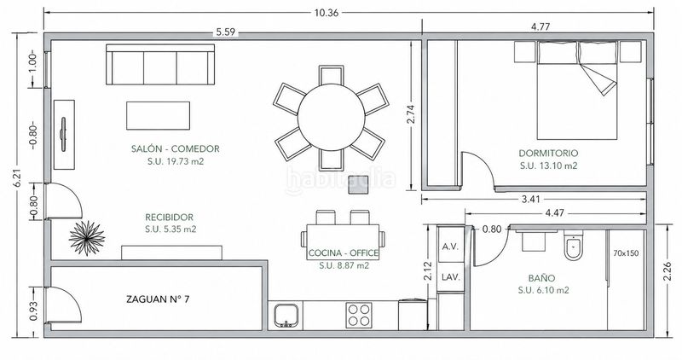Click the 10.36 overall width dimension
pyautogui.click(x=327, y=13)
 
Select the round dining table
pyautogui.click(x=331, y=117)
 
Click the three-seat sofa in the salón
pyautogui.click(x=160, y=65)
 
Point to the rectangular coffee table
pyautogui.click(x=158, y=115)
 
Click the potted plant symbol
pyautogui.click(x=87, y=238)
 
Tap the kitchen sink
pyautogui.click(x=286, y=315)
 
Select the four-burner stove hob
pyautogui.click(x=359, y=315)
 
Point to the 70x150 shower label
pyautogui.click(x=626, y=253)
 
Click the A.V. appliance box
pyautogui.click(x=451, y=247)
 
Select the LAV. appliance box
pyautogui.click(x=451, y=277)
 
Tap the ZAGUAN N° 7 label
pyautogui.click(x=158, y=299)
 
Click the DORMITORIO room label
pyautogui.click(x=548, y=154)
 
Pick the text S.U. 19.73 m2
pyautogui.click(x=176, y=161)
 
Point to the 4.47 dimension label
pyautogui.click(x=555, y=213)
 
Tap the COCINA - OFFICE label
pyautogui.click(x=344, y=253)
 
